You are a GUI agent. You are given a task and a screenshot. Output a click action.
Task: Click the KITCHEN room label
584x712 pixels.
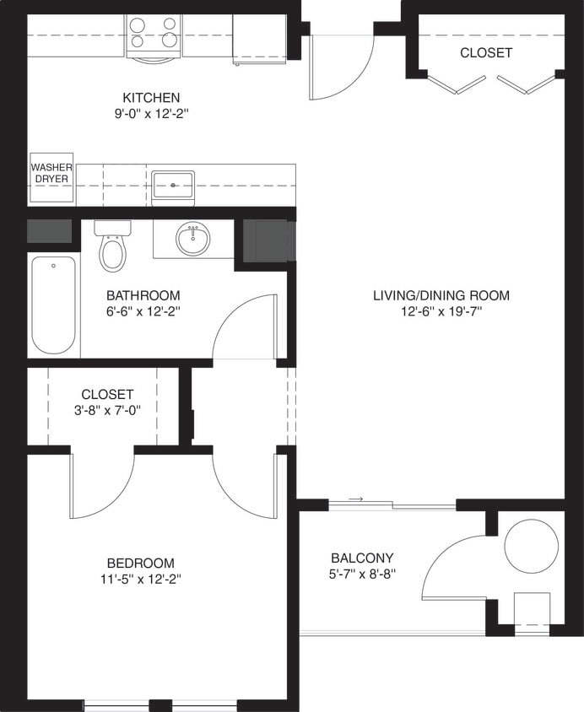pyautogui.click(x=150, y=98)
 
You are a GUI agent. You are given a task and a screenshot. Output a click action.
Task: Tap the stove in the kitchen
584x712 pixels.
pyautogui.click(x=153, y=35)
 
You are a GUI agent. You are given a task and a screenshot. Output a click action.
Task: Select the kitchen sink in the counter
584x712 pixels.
pyautogui.click(x=173, y=185)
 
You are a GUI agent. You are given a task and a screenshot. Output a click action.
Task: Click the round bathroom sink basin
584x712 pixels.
pyautogui.click(x=193, y=240)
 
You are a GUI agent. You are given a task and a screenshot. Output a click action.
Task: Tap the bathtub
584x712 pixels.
pyautogui.click(x=53, y=305)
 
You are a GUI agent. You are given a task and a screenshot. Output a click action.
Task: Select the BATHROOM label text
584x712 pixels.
pyautogui.click(x=143, y=295)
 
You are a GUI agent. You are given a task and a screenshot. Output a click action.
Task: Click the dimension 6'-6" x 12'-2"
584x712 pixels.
pyautogui.click(x=143, y=311)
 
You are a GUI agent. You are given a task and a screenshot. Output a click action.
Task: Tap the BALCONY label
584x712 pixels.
pyautogui.click(x=362, y=558)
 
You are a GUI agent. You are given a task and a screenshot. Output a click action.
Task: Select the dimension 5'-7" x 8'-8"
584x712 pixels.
pyautogui.click(x=362, y=574)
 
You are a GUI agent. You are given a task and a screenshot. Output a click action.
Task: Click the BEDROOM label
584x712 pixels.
pyautogui.click(x=140, y=563)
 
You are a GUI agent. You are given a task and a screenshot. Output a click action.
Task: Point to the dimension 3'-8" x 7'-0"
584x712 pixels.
pyautogui.click(x=107, y=410)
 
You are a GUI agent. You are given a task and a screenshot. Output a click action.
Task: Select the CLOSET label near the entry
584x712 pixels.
pyautogui.click(x=485, y=52)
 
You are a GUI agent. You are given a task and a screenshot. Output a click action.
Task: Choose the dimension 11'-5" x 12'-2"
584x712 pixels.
pyautogui.click(x=140, y=579)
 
